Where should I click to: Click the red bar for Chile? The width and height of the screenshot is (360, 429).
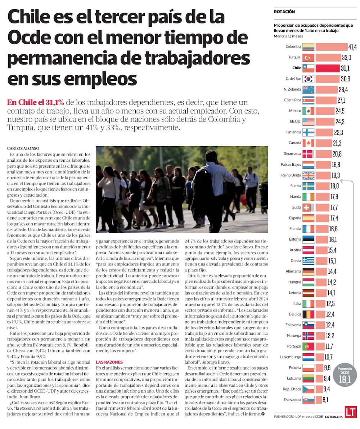pyautogui.click(x=328, y=68)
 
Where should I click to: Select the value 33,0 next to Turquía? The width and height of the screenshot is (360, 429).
pyautogui.click(x=346, y=58)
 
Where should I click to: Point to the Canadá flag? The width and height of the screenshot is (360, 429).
pyautogui.click(x=309, y=143)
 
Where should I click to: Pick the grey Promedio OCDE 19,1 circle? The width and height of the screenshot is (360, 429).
pyautogui.click(x=345, y=376)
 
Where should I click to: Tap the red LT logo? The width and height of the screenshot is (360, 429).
pyautogui.click(x=350, y=412)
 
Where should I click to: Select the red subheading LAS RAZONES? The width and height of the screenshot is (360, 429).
pyautogui.click(x=109, y=362)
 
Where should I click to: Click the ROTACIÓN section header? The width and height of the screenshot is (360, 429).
pyautogui.click(x=284, y=12)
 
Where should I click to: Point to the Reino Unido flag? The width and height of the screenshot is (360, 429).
pyautogui.click(x=309, y=175)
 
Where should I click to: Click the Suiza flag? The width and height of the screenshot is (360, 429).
pyautogui.click(x=309, y=207)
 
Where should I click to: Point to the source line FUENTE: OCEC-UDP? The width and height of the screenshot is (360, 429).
pyautogui.click(x=297, y=417)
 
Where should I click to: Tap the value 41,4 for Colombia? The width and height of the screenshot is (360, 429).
pyautogui.click(x=352, y=47)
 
